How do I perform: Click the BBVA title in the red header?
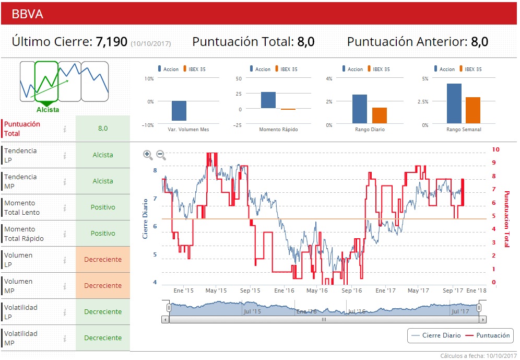point(27,14)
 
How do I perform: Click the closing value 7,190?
point(111,42)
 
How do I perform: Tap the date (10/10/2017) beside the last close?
point(150,43)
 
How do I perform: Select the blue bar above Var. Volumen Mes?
point(179,110)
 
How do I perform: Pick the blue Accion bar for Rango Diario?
point(359,109)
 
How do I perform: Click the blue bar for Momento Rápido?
point(268,100)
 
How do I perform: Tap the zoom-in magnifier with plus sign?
point(148,155)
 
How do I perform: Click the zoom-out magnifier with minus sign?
point(161,155)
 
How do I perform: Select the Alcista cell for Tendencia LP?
point(103,155)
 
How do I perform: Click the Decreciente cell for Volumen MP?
point(103,286)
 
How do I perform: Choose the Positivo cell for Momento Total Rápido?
point(103,234)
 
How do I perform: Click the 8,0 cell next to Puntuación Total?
point(103,128)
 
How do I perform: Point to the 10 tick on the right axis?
point(495,149)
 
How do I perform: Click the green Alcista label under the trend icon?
point(48,110)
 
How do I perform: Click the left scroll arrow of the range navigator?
point(166,319)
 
